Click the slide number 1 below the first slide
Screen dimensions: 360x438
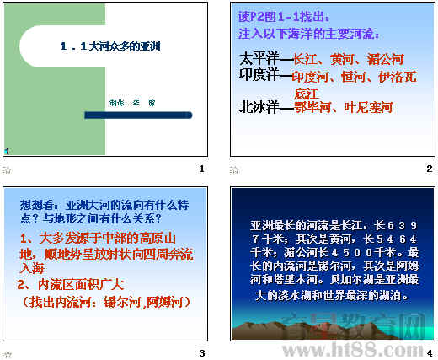[201, 169]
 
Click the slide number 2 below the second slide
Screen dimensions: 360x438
[429, 169]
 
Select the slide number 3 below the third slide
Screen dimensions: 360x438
[201, 352]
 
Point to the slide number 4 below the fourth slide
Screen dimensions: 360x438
[429, 352]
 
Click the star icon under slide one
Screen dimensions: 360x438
[8, 169]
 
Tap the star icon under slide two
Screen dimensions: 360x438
[235, 169]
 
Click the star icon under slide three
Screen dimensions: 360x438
[8, 352]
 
